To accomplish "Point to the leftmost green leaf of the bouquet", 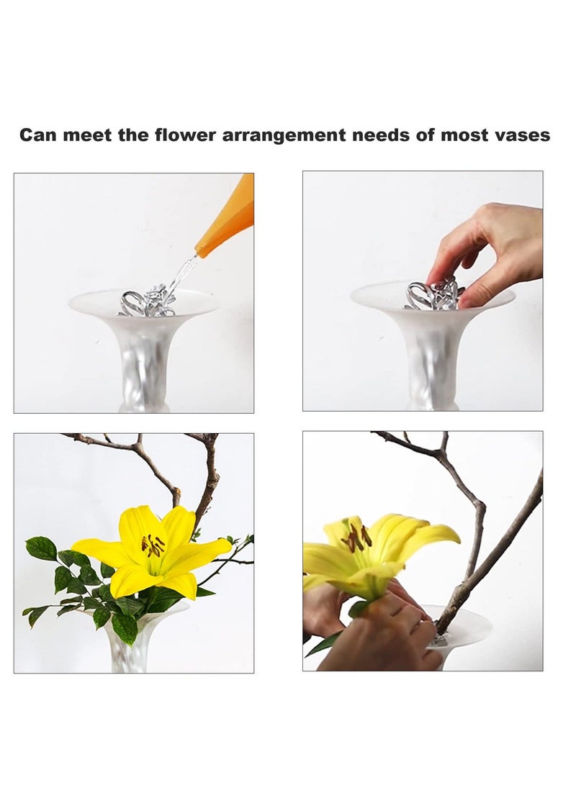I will coord(40,548).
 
